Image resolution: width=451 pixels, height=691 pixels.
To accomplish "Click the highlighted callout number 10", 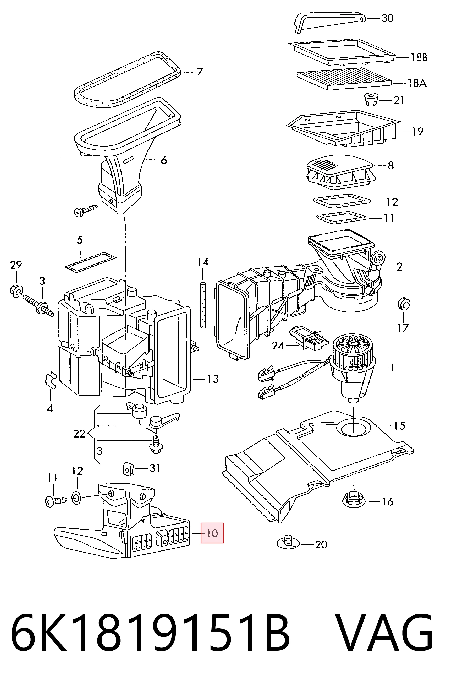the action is pos(212,533).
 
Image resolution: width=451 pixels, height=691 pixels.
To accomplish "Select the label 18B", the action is pos(419,57).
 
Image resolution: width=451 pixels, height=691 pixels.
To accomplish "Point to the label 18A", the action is pos(417,83).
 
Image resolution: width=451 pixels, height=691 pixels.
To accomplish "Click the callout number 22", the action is pos(79,434).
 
